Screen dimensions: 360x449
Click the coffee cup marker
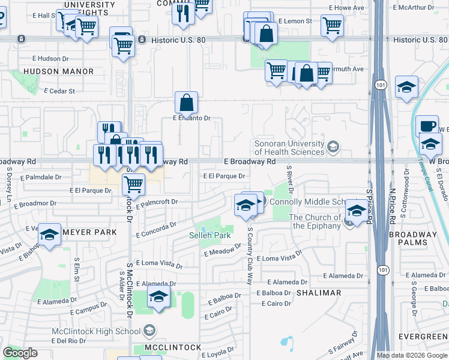coord(427,127)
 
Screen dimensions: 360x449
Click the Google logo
coord(20,352)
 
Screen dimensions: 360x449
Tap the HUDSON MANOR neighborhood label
coord(59,71)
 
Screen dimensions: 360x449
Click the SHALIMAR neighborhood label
coord(318,293)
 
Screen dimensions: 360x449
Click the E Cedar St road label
coord(59,91)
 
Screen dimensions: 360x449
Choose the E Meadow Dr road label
coord(222,252)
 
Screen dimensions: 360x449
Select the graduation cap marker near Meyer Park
coord(49,235)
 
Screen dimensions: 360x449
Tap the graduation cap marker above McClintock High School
coord(158,297)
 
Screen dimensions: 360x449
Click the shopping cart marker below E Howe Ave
coord(332,26)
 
